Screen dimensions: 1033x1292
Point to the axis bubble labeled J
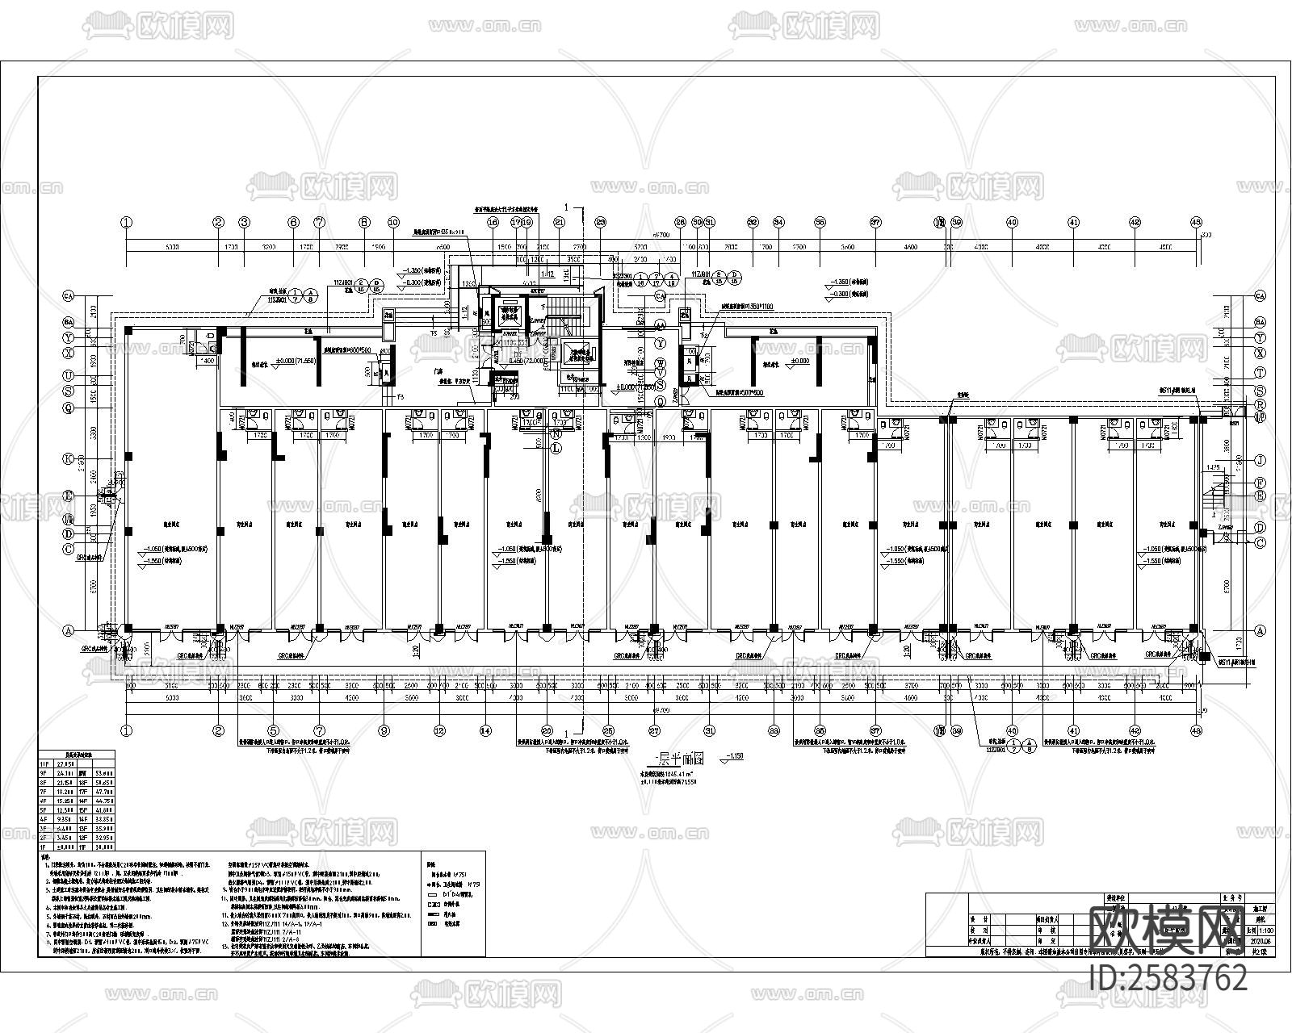[x=1260, y=460]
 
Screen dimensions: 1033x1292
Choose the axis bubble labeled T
[x=1260, y=374]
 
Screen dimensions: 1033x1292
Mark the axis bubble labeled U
[x=69, y=376]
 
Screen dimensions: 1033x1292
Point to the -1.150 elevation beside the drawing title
[x=734, y=756]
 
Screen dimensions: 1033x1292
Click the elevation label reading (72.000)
[x=512, y=362]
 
